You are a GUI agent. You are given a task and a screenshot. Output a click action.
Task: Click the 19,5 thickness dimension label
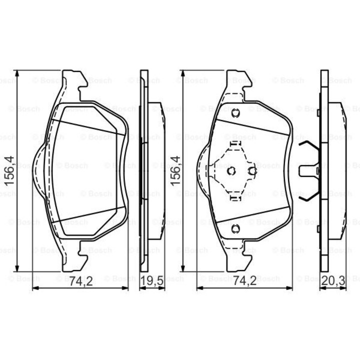pos(152,281)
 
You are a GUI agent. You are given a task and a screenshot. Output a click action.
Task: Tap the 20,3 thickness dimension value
pos(333,281)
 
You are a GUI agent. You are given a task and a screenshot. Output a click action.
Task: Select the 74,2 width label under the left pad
pos(81,281)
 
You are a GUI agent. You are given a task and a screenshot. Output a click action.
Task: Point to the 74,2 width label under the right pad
pos(245,281)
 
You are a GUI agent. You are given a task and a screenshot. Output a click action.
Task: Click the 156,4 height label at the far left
pos(9,170)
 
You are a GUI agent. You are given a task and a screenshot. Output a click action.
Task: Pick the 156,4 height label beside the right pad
pos(175,170)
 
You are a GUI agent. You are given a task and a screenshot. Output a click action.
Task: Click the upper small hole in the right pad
pos(235,113)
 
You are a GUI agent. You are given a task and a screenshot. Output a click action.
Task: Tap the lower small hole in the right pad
pos(235,228)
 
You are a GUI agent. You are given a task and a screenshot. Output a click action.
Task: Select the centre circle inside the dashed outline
pos(231,171)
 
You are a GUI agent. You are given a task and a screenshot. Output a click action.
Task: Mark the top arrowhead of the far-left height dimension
pos(17,73)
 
